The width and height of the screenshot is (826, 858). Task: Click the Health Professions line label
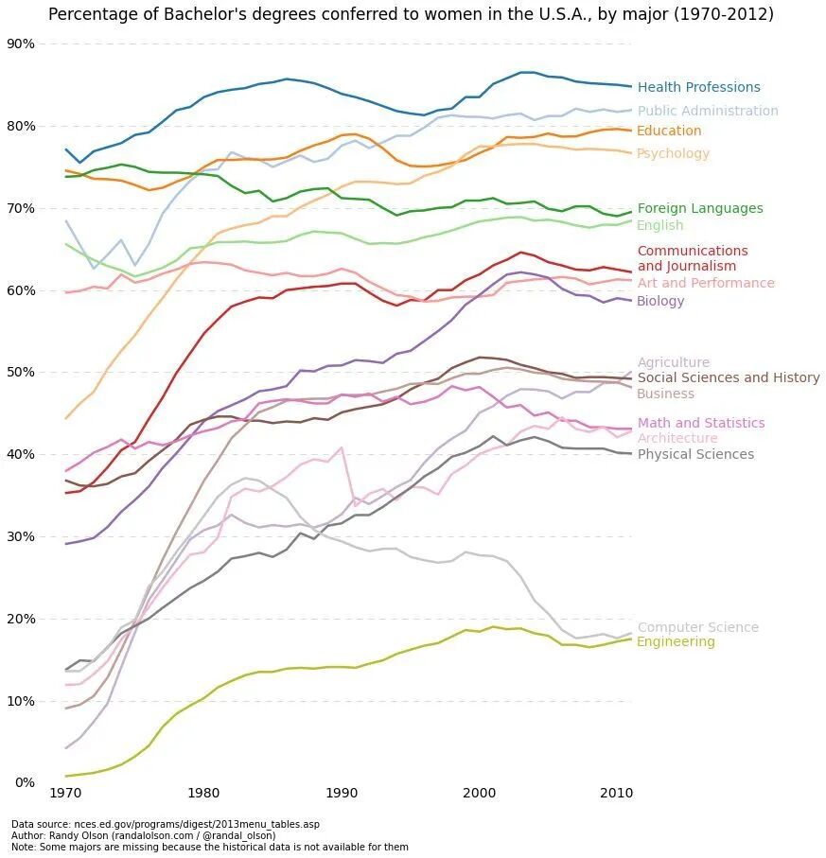pyautogui.click(x=698, y=88)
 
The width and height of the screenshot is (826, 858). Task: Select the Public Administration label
pyautogui.click(x=708, y=111)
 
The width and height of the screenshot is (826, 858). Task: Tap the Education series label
pyautogui.click(x=669, y=131)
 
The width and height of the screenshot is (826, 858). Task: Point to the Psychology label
pyautogui.click(x=673, y=153)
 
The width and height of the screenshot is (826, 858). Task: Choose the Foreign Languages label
pyautogui.click(x=699, y=208)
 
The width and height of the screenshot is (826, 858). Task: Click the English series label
pyautogui.click(x=659, y=225)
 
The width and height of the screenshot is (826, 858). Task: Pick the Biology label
pyautogui.click(x=660, y=301)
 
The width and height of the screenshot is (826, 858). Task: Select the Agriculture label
pyautogui.click(x=673, y=362)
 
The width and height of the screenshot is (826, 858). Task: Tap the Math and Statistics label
pyautogui.click(x=700, y=423)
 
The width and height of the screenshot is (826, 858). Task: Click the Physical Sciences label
pyautogui.click(x=695, y=454)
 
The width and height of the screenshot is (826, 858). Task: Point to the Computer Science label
pyautogui.click(x=697, y=627)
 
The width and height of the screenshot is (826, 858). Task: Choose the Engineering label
pyautogui.click(x=676, y=642)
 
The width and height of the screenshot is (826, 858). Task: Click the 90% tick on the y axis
pyautogui.click(x=21, y=44)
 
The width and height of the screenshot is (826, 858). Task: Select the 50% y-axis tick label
pyautogui.click(x=21, y=372)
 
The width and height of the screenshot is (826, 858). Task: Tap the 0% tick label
pyautogui.click(x=25, y=782)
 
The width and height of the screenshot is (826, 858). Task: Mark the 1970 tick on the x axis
pyautogui.click(x=65, y=791)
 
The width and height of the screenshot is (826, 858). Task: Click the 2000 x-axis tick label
pyautogui.click(x=479, y=791)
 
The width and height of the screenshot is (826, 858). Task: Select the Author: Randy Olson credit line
pyautogui.click(x=143, y=835)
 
